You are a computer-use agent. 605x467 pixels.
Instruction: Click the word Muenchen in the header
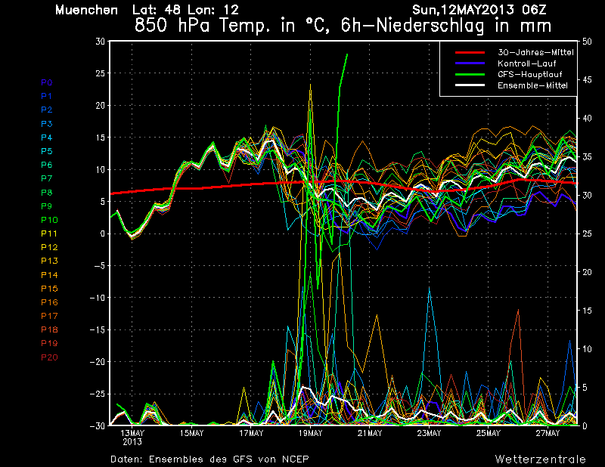pyautogui.click(x=86, y=10)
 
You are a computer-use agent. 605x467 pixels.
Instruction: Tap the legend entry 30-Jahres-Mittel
pyautogui.click(x=535, y=52)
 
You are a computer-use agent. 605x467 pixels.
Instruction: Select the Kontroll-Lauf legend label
pyautogui.click(x=526, y=63)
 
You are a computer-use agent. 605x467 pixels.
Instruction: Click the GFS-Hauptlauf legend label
pyautogui.click(x=530, y=74)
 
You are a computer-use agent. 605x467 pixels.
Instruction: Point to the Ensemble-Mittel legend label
pyautogui.click(x=532, y=85)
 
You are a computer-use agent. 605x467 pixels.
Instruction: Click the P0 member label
pyautogui.click(x=47, y=82)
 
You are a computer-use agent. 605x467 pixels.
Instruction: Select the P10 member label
pyautogui.click(x=49, y=220)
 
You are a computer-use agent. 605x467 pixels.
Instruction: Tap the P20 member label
pyautogui.click(x=49, y=357)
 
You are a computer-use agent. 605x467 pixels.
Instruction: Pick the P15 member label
pyautogui.click(x=49, y=289)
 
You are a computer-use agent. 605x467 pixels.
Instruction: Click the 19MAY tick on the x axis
pyautogui.click(x=310, y=433)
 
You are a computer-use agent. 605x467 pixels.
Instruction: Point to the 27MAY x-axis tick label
pyautogui.click(x=548, y=433)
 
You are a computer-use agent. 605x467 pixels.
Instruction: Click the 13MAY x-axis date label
pyautogui.click(x=132, y=433)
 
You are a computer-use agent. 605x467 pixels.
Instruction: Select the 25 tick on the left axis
pyautogui.click(x=100, y=73)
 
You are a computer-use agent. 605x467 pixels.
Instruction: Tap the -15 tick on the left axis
pyautogui.click(x=98, y=329)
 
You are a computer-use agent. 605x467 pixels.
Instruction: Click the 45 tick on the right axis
pyautogui.click(x=587, y=80)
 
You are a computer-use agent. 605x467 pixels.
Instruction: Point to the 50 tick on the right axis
pyautogui.click(x=587, y=42)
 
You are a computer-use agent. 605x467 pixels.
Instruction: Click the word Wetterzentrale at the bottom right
pyautogui.click(x=540, y=459)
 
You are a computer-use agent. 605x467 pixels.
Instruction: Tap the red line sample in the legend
pyautogui.click(x=470, y=52)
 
